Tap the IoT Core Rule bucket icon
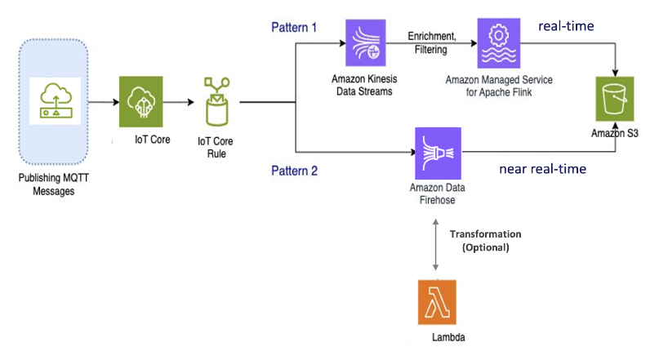coord(216,102)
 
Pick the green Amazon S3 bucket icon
coord(617,100)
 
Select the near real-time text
coord(542,170)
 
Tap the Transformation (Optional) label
coord(485,240)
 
